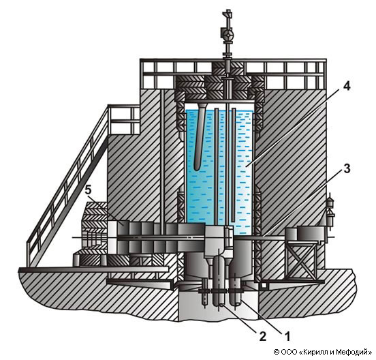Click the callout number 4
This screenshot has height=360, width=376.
(346, 86)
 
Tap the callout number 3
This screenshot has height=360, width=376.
(347, 169)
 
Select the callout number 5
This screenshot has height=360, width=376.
(89, 190)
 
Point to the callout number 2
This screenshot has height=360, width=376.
(262, 337)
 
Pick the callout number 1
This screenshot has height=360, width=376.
(287, 337)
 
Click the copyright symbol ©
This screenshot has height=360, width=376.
(277, 352)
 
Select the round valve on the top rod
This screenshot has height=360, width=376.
(227, 34)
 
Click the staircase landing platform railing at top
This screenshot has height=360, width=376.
(124, 119)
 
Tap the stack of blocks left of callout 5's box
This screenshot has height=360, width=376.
(95, 217)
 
